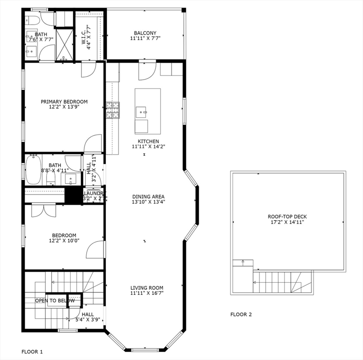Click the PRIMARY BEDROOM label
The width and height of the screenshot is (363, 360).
point(64,102)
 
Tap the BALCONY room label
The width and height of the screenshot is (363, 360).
point(145,33)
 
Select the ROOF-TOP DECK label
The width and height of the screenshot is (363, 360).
point(287,217)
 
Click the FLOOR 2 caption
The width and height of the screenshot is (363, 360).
point(241,315)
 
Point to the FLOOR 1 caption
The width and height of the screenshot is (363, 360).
point(32,351)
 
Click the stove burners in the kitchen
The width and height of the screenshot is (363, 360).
point(113,110)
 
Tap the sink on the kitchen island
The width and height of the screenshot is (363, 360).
point(141,112)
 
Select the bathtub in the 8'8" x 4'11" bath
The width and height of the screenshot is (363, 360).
point(33,170)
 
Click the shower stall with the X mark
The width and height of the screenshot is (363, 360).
point(65,45)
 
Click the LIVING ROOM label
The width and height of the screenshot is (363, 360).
point(147,288)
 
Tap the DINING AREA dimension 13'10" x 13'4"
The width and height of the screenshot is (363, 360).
point(148,202)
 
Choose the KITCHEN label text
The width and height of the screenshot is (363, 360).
point(148,141)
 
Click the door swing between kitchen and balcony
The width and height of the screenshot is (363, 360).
point(147,70)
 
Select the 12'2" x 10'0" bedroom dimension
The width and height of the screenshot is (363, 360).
point(64,241)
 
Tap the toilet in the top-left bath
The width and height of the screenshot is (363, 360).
point(31,20)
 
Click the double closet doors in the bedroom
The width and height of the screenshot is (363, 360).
point(44,210)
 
